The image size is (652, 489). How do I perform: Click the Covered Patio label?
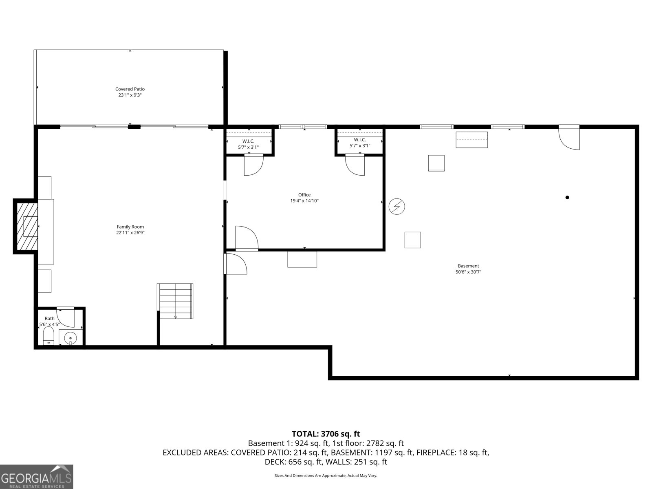(130, 89)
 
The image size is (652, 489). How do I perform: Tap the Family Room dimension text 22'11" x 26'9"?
(130, 233)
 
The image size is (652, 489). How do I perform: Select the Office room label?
(304, 195)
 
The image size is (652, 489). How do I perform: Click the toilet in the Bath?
(49, 337)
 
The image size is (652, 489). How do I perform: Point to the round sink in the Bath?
(70, 337)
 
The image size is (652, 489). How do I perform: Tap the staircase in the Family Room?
(175, 301)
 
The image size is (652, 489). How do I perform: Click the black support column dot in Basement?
(567, 197)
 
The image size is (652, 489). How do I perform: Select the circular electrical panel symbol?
(396, 207)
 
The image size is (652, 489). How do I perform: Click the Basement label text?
(468, 266)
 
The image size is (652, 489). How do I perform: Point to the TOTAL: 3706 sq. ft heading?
(326, 434)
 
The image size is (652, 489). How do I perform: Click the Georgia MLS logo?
(36, 476)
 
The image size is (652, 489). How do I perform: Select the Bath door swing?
(66, 317)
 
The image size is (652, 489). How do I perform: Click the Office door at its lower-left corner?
(246, 238)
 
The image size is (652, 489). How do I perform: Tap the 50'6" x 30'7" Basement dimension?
(468, 272)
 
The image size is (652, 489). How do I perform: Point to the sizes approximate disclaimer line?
(326, 476)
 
